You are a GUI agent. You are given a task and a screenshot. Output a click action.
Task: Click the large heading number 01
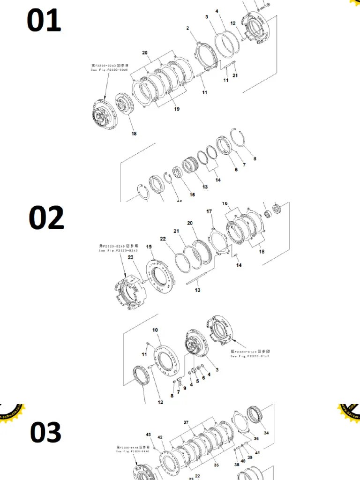tap(44, 21)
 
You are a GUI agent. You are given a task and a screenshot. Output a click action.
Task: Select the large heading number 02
tap(46, 218)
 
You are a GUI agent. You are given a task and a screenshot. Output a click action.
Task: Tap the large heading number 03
tap(45, 432)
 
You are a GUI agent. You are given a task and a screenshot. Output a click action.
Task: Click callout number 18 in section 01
tap(134, 134)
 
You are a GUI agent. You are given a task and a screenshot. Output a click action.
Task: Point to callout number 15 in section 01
tap(192, 195)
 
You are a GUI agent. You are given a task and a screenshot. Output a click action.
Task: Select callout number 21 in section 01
tap(235, 75)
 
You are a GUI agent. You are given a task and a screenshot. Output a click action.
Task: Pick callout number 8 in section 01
tap(255, 159)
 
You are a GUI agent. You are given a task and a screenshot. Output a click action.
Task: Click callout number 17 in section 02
tap(209, 211)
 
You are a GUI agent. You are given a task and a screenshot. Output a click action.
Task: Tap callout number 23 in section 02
tap(130, 257)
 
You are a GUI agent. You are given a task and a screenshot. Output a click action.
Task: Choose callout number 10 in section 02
tap(155, 330)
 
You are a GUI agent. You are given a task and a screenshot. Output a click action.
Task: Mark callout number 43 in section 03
tap(148, 435)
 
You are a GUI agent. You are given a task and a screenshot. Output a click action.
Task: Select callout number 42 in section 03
tap(160, 437)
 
